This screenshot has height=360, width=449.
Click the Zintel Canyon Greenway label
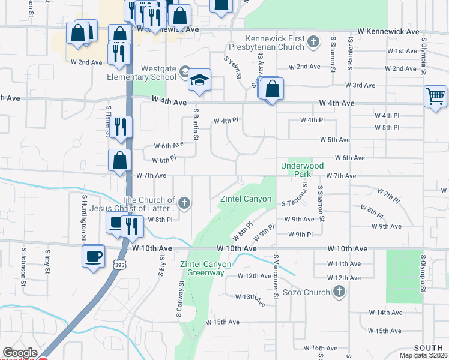pyautogui.click(x=202, y=268)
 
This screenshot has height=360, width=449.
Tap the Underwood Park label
pyautogui.click(x=302, y=170)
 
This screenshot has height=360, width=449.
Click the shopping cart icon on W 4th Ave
pyautogui.click(x=435, y=96)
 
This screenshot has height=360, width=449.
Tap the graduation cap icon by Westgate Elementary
pyautogui.click(x=199, y=80)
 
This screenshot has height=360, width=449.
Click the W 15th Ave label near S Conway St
pyautogui.click(x=222, y=322)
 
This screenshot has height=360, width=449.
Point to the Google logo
pyautogui.click(x=19, y=353)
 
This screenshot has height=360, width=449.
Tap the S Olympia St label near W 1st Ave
pyautogui.click(x=423, y=58)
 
